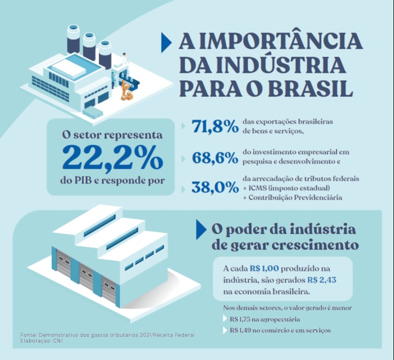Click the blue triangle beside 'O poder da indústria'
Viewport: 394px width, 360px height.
[x=200, y=230]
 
